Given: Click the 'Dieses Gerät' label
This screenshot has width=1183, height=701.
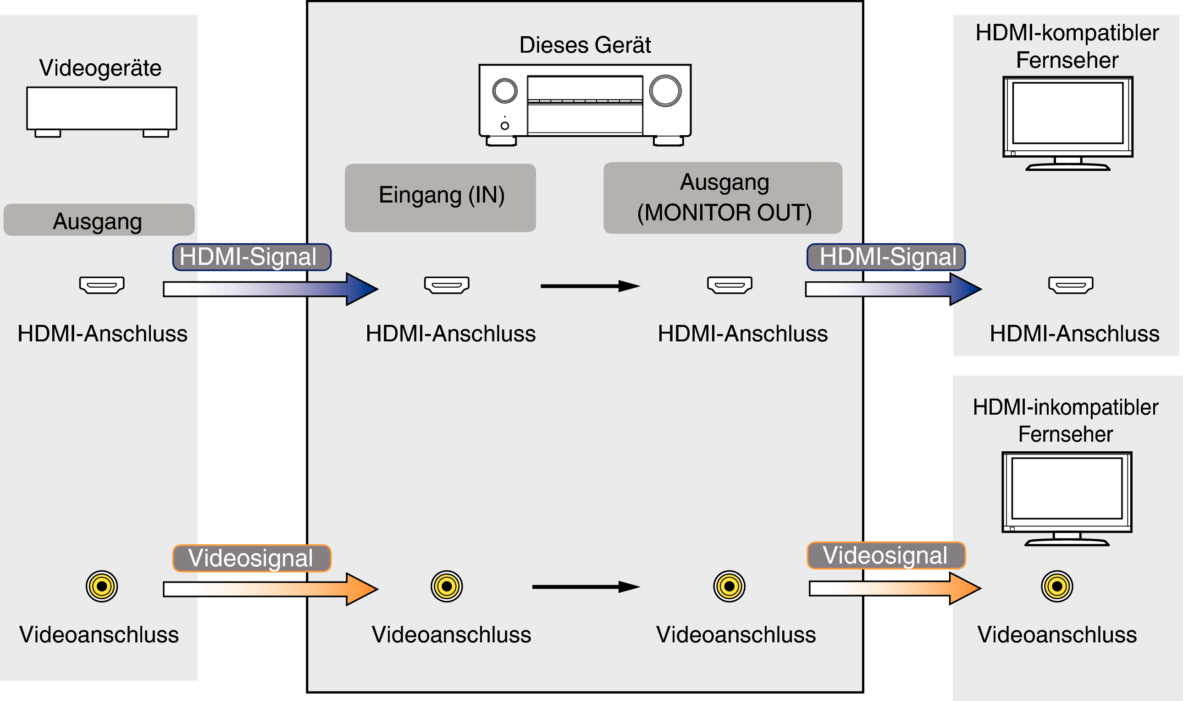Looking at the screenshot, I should [x=585, y=45].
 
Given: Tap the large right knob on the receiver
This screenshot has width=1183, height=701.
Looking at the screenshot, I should [x=665, y=91].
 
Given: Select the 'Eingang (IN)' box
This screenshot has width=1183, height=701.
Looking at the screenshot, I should [x=440, y=197].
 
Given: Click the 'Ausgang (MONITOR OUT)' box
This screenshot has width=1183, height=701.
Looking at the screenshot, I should [x=722, y=197].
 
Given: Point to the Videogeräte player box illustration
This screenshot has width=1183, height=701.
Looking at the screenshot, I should [x=102, y=109].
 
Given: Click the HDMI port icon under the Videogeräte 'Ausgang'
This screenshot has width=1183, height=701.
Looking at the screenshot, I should [x=102, y=285].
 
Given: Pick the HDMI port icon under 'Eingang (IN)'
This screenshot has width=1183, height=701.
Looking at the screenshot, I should [x=447, y=285].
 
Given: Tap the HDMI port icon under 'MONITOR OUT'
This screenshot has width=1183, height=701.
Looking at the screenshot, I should [x=729, y=285].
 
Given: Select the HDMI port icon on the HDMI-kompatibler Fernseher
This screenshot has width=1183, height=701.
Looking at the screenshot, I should [x=1071, y=285].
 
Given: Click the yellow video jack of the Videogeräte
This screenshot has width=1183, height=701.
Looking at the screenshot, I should [x=102, y=586].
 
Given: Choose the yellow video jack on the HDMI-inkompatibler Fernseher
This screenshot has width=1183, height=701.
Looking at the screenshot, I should [x=1057, y=586].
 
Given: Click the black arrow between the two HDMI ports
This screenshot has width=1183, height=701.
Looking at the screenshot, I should [x=589, y=286].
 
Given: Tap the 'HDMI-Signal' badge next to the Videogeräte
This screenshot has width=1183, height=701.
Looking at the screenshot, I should [x=251, y=257].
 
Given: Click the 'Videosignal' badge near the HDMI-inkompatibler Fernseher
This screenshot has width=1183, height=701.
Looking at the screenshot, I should [x=886, y=555].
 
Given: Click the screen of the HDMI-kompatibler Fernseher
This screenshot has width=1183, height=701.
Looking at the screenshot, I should [x=1067, y=113].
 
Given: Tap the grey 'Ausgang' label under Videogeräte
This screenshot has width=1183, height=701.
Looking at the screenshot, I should [x=99, y=220].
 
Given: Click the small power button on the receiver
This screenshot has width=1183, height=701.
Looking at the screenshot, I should [x=504, y=126].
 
